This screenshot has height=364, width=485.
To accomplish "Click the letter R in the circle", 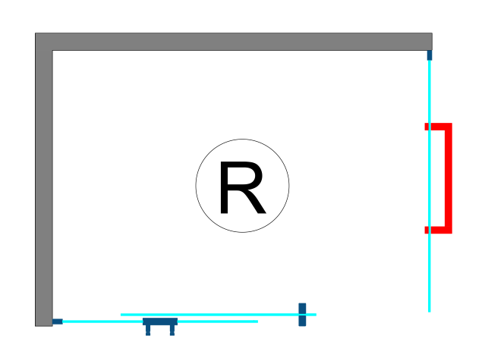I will point(241,187).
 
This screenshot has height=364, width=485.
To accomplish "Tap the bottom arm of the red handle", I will point(437,230).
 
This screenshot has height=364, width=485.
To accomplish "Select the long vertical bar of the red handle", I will point(448,178).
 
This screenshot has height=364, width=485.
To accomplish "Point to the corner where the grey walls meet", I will point(43,42).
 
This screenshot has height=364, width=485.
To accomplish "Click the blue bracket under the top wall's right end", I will point(430,55).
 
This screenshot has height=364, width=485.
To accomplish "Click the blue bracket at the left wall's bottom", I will point(57,322).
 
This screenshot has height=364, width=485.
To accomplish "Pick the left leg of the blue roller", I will point(148,331).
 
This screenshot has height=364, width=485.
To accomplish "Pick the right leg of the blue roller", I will point(172,331).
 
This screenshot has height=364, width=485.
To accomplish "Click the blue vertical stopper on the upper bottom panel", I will point(302,314).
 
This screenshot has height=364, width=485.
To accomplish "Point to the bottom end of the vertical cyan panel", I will point(430,309).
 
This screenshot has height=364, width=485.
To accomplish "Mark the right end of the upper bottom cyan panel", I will point(314,314).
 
